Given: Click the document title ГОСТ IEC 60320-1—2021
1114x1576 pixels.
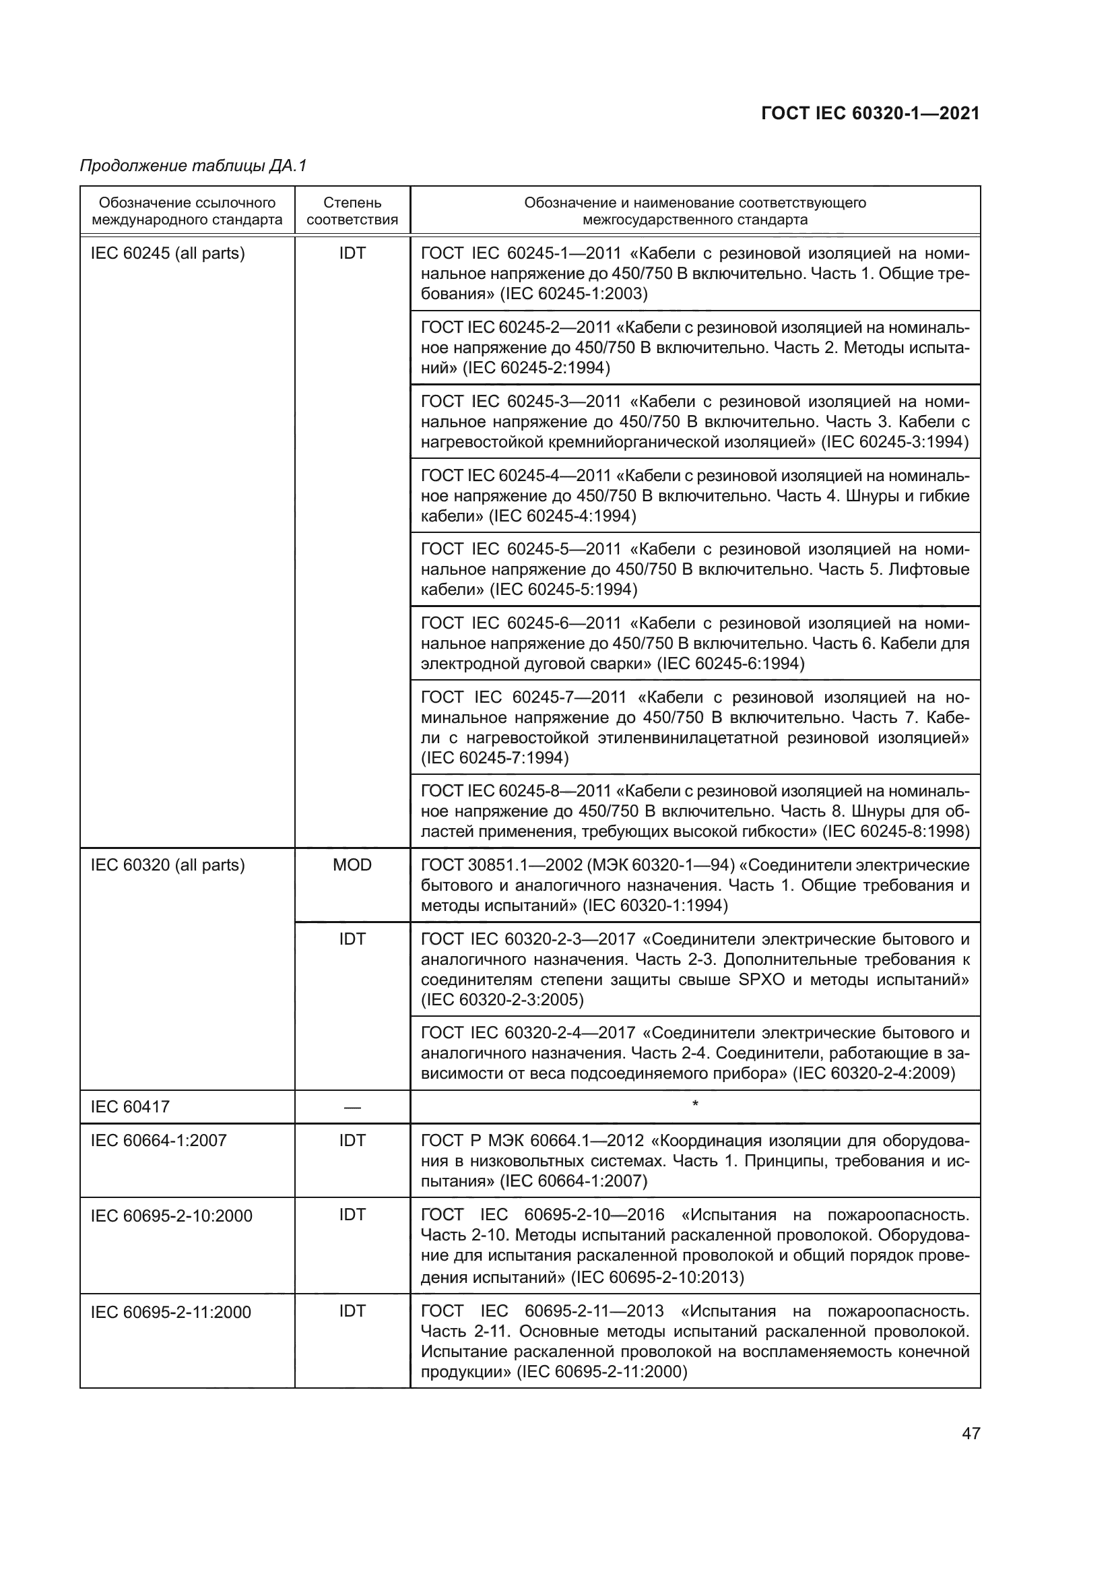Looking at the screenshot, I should click(870, 114).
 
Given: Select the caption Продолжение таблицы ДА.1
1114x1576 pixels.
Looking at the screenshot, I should click(193, 166).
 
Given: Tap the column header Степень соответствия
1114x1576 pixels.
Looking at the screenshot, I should click(352, 211).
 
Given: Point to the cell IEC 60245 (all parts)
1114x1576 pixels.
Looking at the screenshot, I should click(168, 253).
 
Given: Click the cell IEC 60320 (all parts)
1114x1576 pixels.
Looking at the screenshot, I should click(168, 865).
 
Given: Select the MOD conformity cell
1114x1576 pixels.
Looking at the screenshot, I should click(352, 865).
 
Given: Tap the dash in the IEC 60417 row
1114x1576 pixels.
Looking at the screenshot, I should click(352, 1107).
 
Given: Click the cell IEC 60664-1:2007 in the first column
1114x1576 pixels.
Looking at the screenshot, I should click(158, 1140).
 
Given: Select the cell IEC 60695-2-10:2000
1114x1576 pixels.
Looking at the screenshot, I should click(172, 1216).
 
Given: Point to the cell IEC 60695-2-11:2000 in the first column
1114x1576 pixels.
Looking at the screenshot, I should click(171, 1312).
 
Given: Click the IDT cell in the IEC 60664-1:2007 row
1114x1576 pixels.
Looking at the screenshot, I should click(352, 1140).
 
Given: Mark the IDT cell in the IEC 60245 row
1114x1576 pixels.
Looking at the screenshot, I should click(352, 253).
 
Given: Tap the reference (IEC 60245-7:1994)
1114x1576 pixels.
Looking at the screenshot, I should click(494, 758).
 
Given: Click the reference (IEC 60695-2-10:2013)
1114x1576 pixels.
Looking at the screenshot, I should click(657, 1278).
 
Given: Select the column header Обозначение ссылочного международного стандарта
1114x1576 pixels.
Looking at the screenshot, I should click(187, 211).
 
